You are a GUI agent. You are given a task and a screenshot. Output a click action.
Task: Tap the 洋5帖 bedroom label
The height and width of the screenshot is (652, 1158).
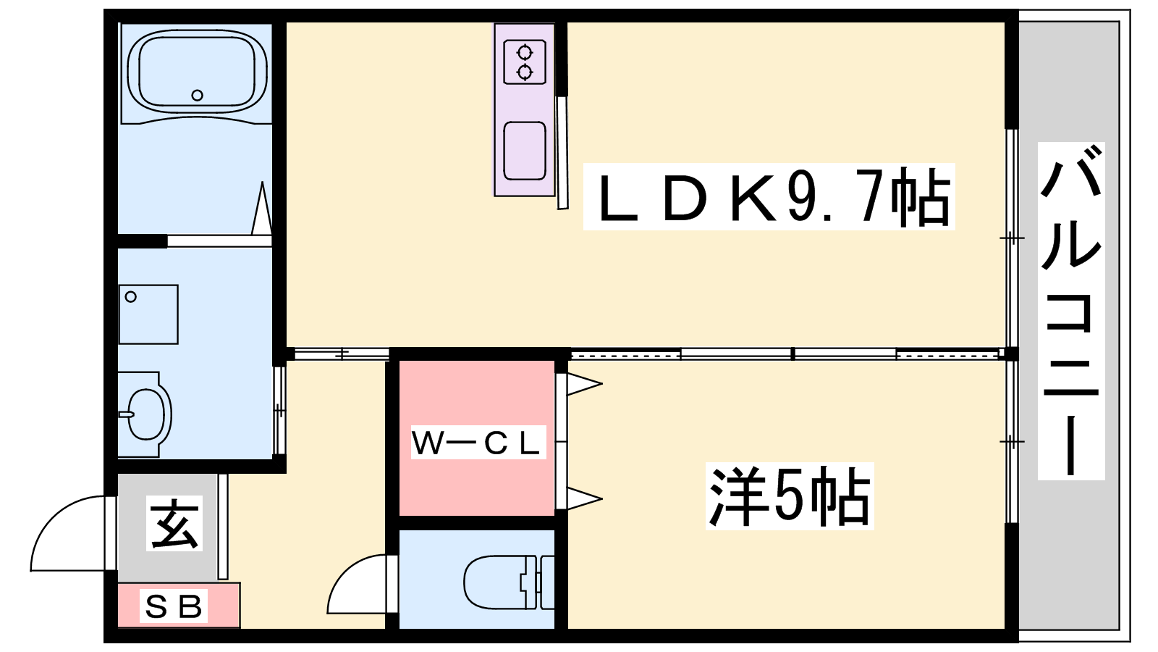tap(789, 498)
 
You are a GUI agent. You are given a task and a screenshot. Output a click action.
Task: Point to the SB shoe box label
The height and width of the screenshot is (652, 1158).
tap(174, 606)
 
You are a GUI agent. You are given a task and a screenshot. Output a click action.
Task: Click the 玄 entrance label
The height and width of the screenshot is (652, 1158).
tap(174, 523)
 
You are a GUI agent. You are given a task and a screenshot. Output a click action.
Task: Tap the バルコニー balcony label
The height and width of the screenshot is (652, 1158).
tap(1070, 312)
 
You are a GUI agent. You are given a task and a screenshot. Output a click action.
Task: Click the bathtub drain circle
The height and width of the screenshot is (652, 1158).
tap(197, 95)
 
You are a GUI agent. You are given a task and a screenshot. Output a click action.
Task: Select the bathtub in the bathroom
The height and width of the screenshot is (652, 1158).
tap(196, 72)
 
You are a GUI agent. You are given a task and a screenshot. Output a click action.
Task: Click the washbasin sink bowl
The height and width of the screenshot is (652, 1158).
tap(147, 414)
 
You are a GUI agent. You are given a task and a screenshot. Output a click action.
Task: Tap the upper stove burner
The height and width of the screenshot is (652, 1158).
tap(524, 53)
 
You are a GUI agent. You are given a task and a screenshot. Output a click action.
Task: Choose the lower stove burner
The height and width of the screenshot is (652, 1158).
tap(524, 72)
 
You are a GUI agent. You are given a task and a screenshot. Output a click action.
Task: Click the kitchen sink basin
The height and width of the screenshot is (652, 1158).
tap(525, 150)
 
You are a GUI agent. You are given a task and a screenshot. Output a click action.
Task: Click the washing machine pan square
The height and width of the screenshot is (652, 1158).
tap(148, 314)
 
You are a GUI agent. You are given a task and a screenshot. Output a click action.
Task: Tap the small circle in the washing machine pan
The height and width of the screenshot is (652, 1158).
tap(131, 296)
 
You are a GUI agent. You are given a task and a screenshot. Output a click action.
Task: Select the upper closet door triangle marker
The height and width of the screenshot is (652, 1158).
tap(583, 384)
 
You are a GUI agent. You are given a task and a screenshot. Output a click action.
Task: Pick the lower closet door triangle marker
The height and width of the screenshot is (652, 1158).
tap(583, 498)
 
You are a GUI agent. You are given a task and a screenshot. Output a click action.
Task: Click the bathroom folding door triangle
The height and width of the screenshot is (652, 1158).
tap(261, 210)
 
